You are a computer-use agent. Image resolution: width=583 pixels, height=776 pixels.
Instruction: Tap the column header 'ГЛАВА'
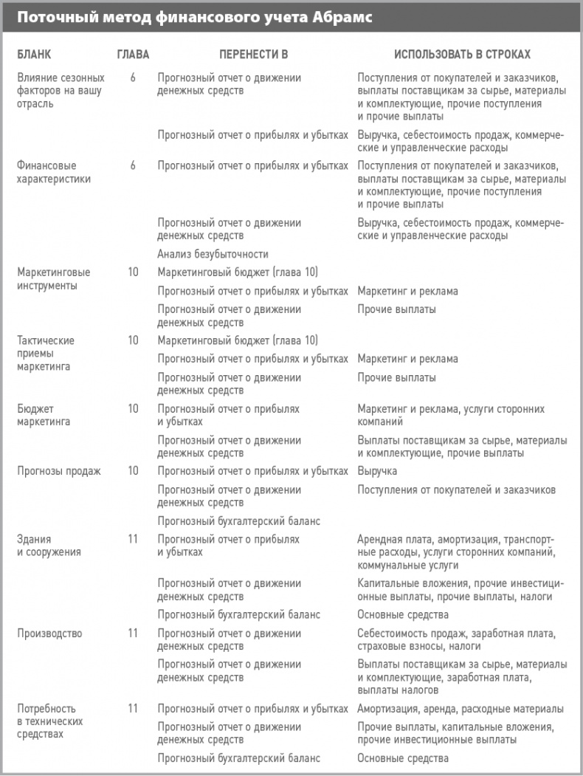[133, 55]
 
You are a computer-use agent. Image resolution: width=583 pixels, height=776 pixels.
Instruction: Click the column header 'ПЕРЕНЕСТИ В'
[253, 55]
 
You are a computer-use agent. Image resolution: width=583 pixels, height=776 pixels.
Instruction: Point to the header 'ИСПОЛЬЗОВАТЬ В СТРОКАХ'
[462, 55]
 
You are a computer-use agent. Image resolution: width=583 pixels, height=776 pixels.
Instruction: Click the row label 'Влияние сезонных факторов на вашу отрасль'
[61, 91]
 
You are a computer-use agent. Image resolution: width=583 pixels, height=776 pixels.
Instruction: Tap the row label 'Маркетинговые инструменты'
[47, 278]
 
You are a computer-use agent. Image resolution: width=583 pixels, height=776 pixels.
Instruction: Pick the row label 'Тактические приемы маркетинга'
[46, 353]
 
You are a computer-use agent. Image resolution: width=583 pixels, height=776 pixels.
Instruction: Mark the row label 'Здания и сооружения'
[49, 545]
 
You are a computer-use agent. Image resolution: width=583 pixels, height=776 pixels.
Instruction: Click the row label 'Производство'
[49, 633]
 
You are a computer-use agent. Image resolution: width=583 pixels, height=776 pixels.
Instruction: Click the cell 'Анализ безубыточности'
[213, 254]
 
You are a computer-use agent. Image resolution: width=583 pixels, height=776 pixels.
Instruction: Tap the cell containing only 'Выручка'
[377, 470]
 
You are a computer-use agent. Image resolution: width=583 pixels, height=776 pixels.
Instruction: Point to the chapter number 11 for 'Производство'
[133, 633]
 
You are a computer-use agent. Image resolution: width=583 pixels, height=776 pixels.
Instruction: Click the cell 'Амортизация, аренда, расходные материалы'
[460, 708]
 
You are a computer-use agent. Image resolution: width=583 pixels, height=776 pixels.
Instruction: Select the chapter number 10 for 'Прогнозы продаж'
[133, 470]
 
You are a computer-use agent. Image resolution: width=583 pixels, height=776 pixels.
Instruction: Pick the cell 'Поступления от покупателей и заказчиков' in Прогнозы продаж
[456, 490]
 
